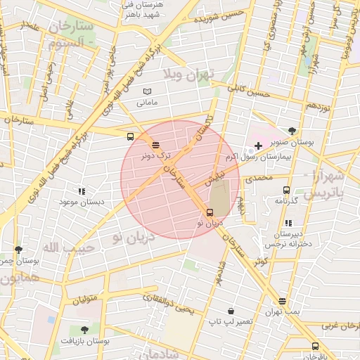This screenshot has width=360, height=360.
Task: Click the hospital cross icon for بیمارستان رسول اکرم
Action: pyautogui.click(x=258, y=146)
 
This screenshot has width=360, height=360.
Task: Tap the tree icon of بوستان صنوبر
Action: pyautogui.click(x=292, y=130)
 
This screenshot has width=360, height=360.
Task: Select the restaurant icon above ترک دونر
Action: pyautogui.click(x=155, y=144)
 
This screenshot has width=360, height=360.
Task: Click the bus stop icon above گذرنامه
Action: pyautogui.click(x=286, y=190)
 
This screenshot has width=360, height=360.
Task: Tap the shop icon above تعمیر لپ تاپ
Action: pyautogui.click(x=231, y=311)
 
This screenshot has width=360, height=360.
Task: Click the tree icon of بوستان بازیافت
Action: pyautogui.click(x=84, y=329)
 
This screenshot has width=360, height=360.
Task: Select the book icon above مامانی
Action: pyautogui.click(x=147, y=91)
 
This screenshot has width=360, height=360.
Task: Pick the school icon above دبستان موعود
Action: pyautogui.click(x=82, y=191)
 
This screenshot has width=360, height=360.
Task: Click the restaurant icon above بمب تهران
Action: pyautogui.click(x=283, y=301)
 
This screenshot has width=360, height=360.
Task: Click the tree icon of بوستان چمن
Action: pyautogui.click(x=18, y=250)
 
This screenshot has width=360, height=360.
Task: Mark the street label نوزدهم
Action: pyautogui.click(x=318, y=105)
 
